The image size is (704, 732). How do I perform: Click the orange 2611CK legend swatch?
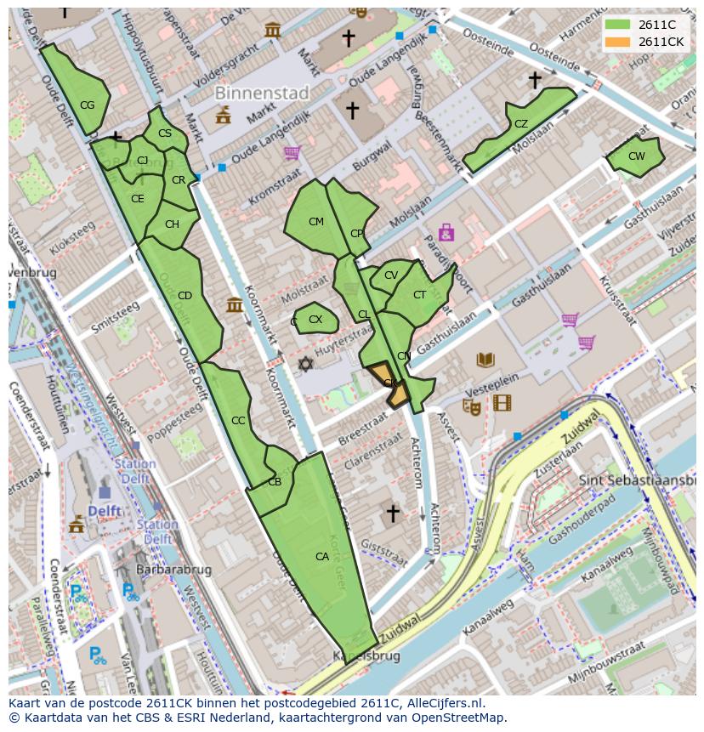coord(618,42)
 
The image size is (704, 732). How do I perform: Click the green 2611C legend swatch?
coord(618,25)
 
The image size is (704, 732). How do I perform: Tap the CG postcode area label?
coord(87,105)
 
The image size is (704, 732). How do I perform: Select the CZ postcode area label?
coord(521,124)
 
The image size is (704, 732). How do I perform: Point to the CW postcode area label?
coord(636,156)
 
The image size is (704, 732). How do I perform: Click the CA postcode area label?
coord(322,557)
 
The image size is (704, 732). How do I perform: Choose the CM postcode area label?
coord(316,222)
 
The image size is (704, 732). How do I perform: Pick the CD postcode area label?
coord(185,296)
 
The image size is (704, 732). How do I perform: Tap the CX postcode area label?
coord(315,320)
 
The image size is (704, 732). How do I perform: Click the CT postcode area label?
coord(419,295)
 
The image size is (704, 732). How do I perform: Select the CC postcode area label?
coord(238,421)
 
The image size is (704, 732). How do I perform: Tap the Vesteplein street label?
coord(491,383)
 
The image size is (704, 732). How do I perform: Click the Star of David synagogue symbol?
coord(305,364)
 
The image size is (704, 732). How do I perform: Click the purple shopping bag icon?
coord(446,232)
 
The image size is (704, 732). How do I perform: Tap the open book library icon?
coord(485,360)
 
